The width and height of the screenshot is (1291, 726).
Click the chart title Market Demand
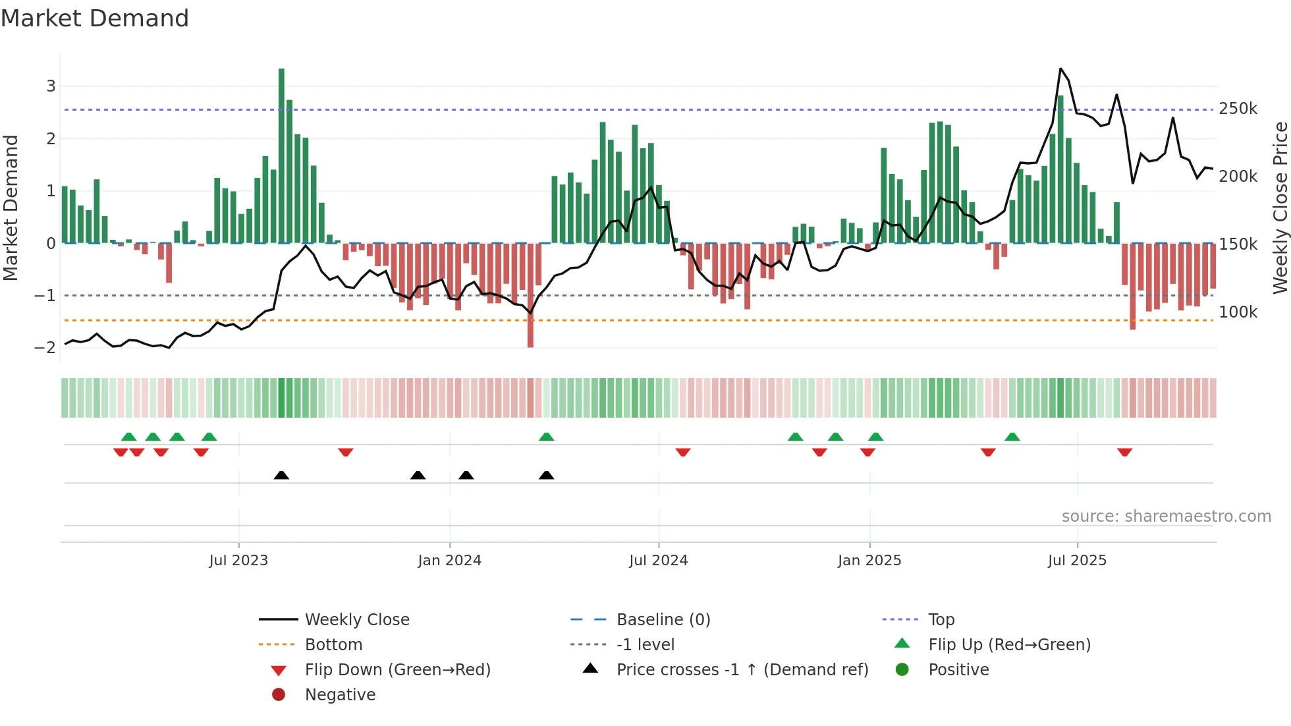pos(95,18)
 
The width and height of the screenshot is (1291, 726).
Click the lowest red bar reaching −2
pos(530,296)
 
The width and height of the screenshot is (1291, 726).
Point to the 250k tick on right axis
pos(1238,109)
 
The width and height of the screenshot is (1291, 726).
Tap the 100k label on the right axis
pos(1238,312)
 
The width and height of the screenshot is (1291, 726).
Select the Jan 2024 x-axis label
pos(449,561)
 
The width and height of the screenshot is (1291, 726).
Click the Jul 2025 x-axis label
pos(1077,561)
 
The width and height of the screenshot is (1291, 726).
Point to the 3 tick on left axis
pos(51,86)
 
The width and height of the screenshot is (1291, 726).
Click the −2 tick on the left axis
pos(45,348)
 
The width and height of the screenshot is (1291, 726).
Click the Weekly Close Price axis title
pos(1280,208)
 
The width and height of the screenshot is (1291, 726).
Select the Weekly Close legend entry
pos(356,620)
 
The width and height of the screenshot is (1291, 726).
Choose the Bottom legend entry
pos(333,645)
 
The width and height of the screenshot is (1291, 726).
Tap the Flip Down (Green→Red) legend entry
pos(397,670)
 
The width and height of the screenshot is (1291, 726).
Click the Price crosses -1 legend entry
pos(742,670)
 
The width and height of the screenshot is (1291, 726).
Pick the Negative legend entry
pos(340,695)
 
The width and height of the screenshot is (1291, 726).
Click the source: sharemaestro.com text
pos(1166,517)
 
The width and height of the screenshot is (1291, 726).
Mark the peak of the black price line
pos(1060,69)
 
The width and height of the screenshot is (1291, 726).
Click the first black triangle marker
pos(281,475)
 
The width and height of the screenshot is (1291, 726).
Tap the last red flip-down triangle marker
pos(1124,452)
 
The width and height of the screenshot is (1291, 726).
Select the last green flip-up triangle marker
pos(1012,437)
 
